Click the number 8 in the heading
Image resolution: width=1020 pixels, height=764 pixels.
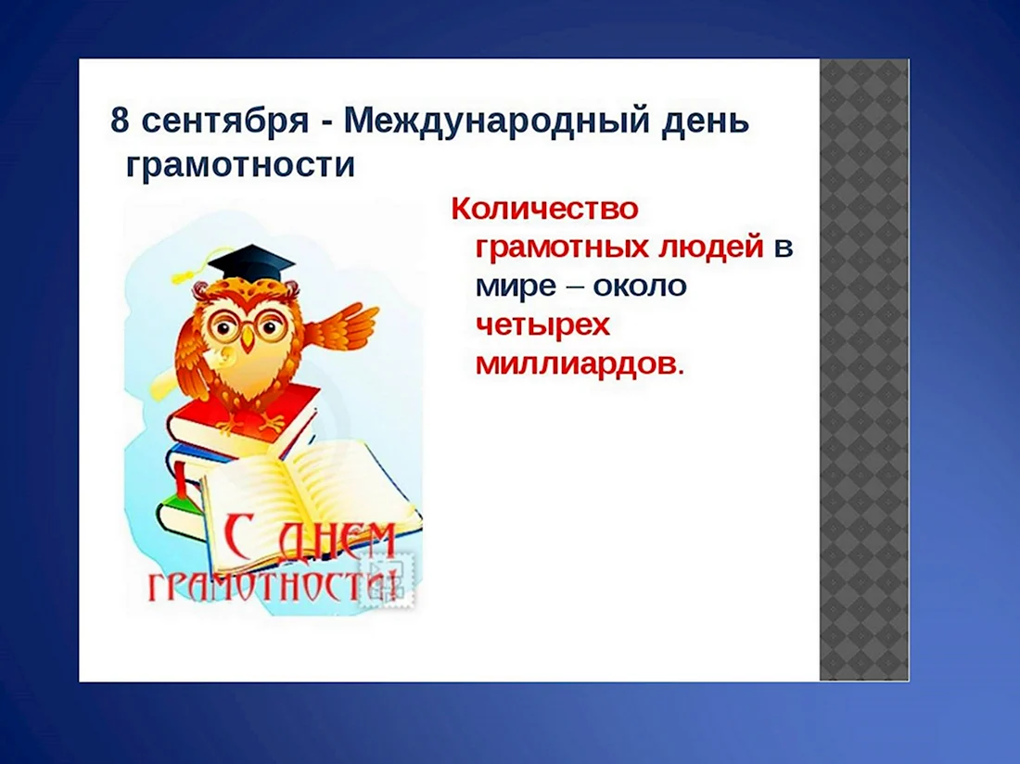(119, 121)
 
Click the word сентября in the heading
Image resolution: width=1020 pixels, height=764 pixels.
(224, 121)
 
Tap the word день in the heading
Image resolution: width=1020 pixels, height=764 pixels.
(705, 121)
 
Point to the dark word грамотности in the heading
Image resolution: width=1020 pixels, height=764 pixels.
(240, 165)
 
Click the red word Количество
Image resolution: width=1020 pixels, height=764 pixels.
(544, 209)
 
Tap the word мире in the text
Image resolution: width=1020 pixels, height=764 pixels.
(516, 286)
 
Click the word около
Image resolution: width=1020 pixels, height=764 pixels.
(640, 286)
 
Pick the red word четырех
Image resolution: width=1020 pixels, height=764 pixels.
(542, 325)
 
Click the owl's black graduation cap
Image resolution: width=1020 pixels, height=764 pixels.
(251, 264)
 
